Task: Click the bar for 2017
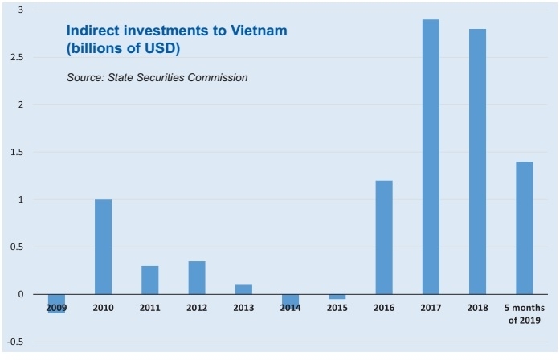[x=431, y=157]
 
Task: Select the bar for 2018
[x=477, y=162]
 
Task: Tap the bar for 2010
[x=103, y=247]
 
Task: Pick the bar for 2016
[x=383, y=237]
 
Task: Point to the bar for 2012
[x=197, y=277]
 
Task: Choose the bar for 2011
[x=150, y=280]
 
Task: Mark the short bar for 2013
[x=243, y=289]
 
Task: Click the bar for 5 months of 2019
[x=524, y=227]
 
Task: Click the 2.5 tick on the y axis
[x=16, y=58]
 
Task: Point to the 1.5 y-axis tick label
[x=16, y=152]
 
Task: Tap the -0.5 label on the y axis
[x=14, y=342]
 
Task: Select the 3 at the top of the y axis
[x=21, y=10]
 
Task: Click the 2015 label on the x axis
[x=337, y=308]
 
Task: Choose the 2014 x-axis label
[x=291, y=308]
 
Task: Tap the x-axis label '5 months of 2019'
[x=525, y=314]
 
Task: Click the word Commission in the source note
[x=217, y=78]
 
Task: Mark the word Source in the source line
[x=86, y=78]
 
